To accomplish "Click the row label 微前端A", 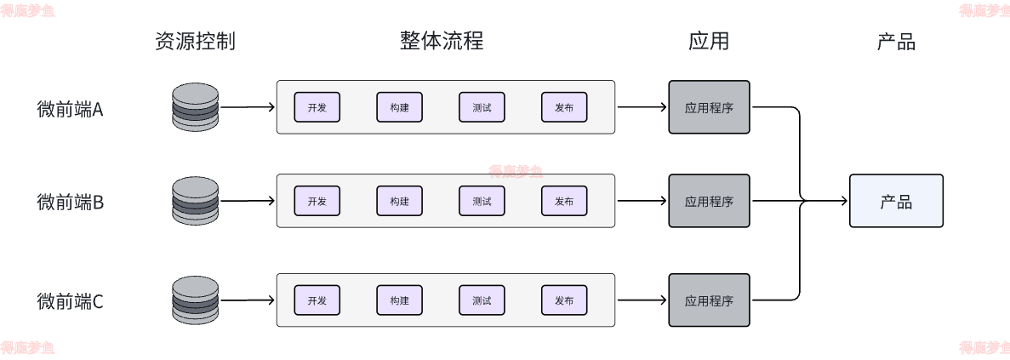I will click(70, 109).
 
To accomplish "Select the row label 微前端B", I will click(70, 203).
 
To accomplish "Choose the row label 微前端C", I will click(70, 301).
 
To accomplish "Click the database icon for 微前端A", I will click(195, 107).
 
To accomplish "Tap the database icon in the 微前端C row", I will click(195, 300).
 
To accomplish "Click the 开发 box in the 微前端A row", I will click(317, 107).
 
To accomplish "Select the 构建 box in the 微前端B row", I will click(399, 201).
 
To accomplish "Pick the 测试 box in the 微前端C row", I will click(482, 300).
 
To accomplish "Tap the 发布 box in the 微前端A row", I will click(564, 107).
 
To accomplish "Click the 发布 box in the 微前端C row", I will click(564, 300).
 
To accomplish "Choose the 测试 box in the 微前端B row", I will click(482, 201).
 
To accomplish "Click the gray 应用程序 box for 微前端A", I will click(709, 107).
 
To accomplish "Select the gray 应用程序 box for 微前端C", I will click(709, 300).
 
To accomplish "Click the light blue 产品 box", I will click(896, 201).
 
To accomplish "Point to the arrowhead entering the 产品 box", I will click(844, 201).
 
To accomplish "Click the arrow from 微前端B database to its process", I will click(247, 201).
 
